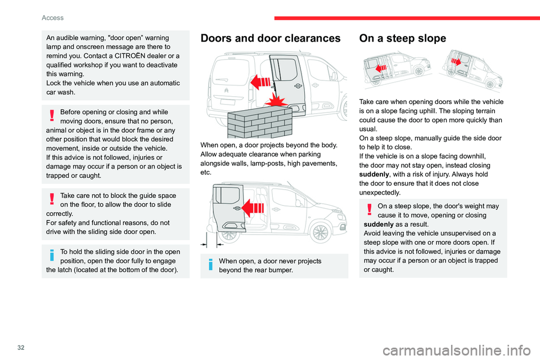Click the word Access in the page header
[x=52, y=17]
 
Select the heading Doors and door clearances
[x=271, y=39]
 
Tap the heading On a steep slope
[x=403, y=39]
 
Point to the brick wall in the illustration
[x=260, y=121]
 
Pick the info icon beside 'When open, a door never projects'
[x=209, y=265]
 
